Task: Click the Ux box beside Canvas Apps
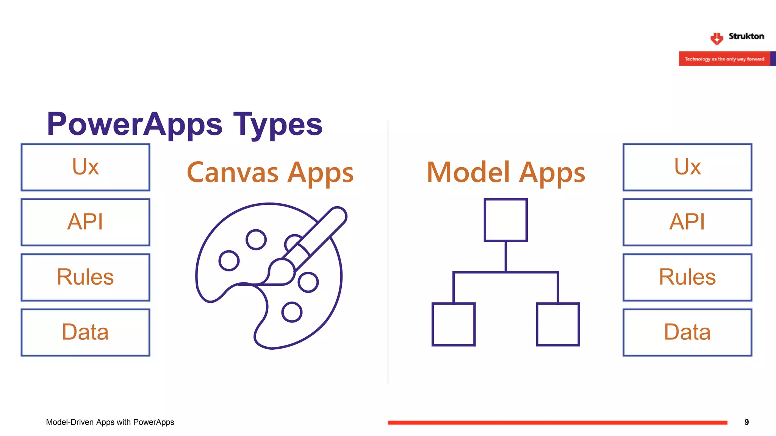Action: click(x=85, y=167)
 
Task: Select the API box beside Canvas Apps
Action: click(x=85, y=222)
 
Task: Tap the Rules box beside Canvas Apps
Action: click(x=85, y=277)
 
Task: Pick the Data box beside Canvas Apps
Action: click(x=85, y=332)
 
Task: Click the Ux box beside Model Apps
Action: click(x=687, y=167)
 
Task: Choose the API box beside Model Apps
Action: click(x=687, y=222)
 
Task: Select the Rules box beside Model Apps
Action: click(x=687, y=277)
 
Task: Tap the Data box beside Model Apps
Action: click(x=687, y=332)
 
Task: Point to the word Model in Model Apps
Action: click(x=468, y=173)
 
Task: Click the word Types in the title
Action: click(x=278, y=125)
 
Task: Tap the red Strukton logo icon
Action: click(x=717, y=38)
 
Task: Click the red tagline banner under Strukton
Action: click(x=724, y=59)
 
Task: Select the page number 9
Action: click(x=746, y=422)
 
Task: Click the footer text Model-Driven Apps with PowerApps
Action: click(x=110, y=422)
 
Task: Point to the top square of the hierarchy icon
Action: click(x=506, y=220)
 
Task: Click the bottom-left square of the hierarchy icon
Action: click(x=454, y=324)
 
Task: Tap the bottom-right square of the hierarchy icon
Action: click(x=558, y=324)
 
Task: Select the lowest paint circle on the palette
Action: click(x=292, y=312)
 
